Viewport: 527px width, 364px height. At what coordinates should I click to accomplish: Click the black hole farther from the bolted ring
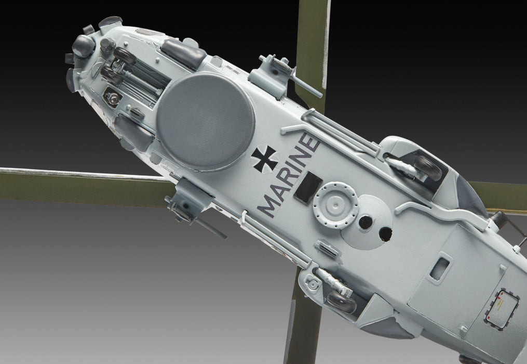(x=385, y=235)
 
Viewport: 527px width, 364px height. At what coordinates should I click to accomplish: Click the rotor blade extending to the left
(x=78, y=179)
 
